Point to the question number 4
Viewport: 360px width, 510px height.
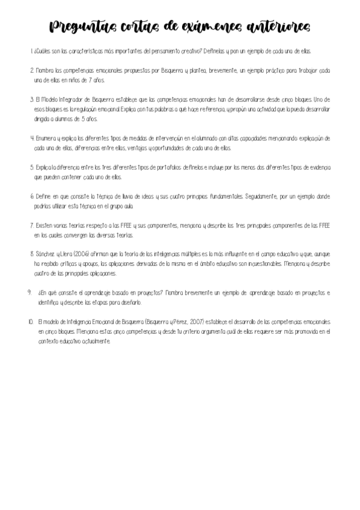pos(32,137)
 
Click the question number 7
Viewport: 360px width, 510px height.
pos(32,225)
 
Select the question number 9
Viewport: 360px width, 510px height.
pos(29,292)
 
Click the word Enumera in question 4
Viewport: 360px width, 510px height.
pos(47,137)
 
